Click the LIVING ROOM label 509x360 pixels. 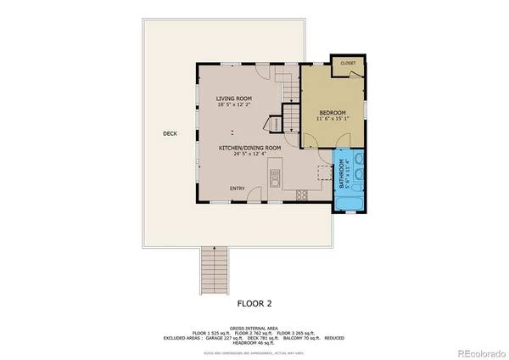(233, 98)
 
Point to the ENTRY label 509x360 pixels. (238, 188)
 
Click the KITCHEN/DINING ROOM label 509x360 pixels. (249, 148)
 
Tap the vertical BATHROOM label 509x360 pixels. (342, 173)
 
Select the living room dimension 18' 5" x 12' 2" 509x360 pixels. (233, 105)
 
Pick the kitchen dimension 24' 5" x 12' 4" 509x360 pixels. (249, 155)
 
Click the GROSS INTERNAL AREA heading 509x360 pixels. (255, 325)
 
